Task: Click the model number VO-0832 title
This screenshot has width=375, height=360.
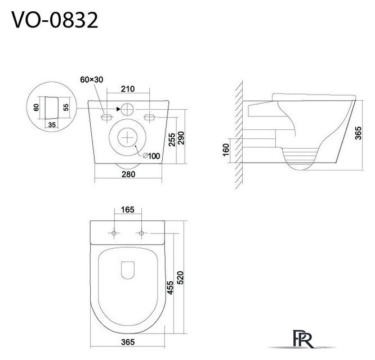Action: tap(55, 20)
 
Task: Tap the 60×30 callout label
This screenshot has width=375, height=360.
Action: tap(92, 79)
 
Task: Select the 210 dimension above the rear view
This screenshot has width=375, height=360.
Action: tap(128, 89)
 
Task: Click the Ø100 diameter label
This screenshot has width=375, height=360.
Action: tap(151, 156)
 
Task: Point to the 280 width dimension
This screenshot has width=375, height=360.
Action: tap(128, 174)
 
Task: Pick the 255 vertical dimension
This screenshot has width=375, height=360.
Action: tap(172, 139)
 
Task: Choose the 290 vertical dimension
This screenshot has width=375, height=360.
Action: tap(181, 138)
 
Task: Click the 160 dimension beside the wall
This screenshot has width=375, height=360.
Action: tap(226, 150)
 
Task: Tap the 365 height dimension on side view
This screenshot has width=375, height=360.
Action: tap(358, 133)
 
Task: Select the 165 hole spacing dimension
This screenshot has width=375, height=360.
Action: tap(127, 210)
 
